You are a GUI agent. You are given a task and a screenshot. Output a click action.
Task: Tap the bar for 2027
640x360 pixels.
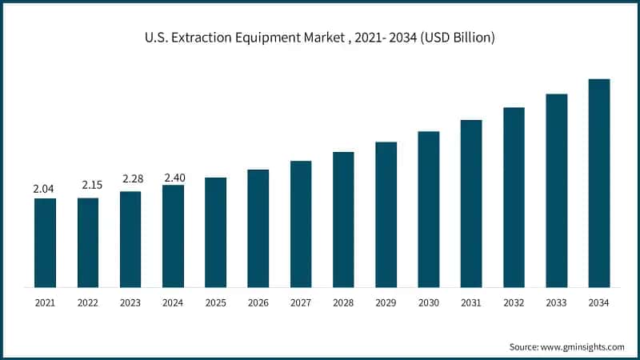pyautogui.click(x=301, y=224)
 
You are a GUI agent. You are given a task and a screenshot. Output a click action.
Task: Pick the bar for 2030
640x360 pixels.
pyautogui.click(x=429, y=209)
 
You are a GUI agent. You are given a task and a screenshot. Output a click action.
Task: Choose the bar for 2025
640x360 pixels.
pyautogui.click(x=215, y=232)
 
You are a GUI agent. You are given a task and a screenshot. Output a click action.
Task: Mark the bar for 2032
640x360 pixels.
pyautogui.click(x=514, y=197)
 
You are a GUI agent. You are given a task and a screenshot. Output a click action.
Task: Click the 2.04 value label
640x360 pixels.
pyautogui.click(x=45, y=189)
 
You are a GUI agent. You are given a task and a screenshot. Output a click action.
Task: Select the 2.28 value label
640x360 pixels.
pyautogui.click(x=130, y=178)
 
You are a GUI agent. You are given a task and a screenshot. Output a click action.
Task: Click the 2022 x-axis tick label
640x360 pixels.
pyautogui.click(x=88, y=303)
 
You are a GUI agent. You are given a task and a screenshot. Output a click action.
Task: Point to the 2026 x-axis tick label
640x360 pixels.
pyautogui.click(x=258, y=303)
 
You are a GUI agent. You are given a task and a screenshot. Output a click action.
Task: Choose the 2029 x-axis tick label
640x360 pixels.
pyautogui.click(x=386, y=303)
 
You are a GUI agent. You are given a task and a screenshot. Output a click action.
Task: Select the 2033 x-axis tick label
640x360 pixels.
pyautogui.click(x=557, y=303)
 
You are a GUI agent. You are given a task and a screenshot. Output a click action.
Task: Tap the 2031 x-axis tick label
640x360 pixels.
pyautogui.click(x=471, y=303)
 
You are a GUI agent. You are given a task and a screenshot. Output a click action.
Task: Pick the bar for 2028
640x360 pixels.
pyautogui.click(x=343, y=219)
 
